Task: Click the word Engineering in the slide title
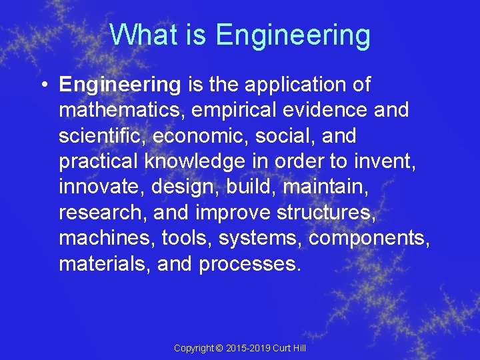293,35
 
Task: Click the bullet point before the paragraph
43,85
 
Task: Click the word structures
331,213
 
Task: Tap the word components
369,238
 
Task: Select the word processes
250,265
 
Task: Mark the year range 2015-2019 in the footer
249,349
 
